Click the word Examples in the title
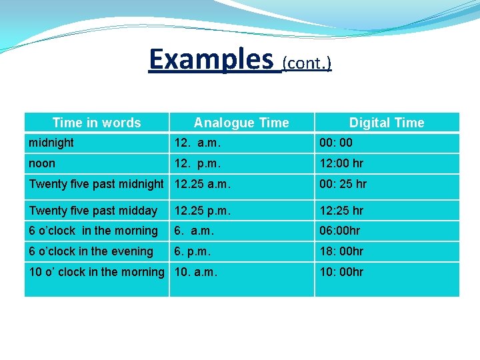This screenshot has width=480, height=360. [x=211, y=59]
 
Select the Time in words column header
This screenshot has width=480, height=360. [x=97, y=123]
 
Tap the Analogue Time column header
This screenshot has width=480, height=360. [x=241, y=123]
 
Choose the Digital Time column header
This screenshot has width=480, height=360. [x=387, y=123]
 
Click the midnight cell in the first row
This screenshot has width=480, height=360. [x=51, y=143]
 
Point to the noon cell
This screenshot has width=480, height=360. [x=42, y=163]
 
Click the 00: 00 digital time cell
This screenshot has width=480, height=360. [x=336, y=143]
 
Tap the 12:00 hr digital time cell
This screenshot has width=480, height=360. [x=341, y=163]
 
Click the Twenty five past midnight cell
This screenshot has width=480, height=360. [x=96, y=184]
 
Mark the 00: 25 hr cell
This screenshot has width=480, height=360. [x=343, y=184]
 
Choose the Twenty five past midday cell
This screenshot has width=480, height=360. [x=93, y=211]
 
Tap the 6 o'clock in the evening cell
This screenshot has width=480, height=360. [x=91, y=251]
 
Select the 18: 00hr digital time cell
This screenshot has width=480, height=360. [x=341, y=251]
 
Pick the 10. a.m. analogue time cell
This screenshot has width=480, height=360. [x=196, y=272]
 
